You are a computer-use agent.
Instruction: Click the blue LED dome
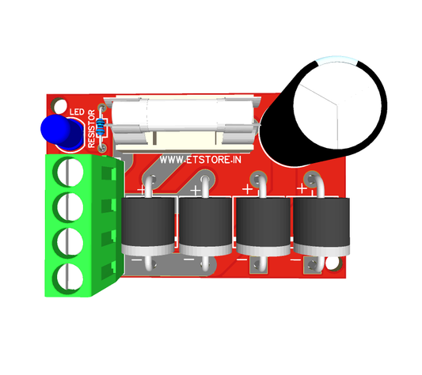pyautogui.click(x=60, y=131)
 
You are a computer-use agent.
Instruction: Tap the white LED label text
pyautogui.click(x=77, y=112)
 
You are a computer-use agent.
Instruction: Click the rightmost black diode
pyautogui.click(x=321, y=225)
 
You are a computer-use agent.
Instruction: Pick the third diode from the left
pyautogui.click(x=262, y=225)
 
